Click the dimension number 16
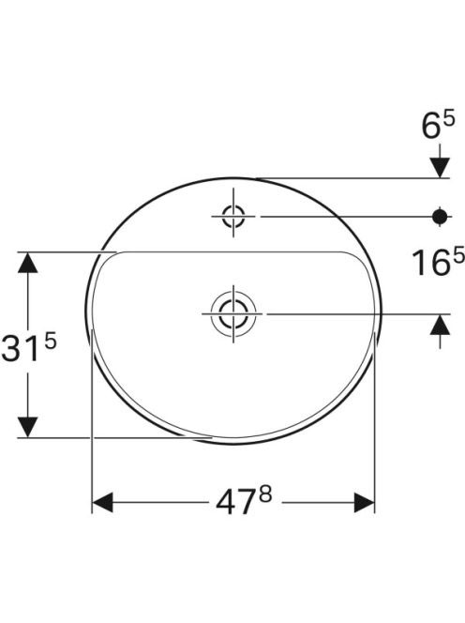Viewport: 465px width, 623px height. (x=430, y=263)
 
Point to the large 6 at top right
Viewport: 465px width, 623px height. (x=430, y=127)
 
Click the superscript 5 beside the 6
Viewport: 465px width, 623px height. (x=449, y=119)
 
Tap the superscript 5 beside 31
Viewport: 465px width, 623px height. (x=51, y=342)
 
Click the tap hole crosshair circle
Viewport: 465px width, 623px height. (x=233, y=217)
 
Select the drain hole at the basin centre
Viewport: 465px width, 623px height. (x=233, y=313)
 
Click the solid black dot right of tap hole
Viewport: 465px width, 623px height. (x=440, y=217)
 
